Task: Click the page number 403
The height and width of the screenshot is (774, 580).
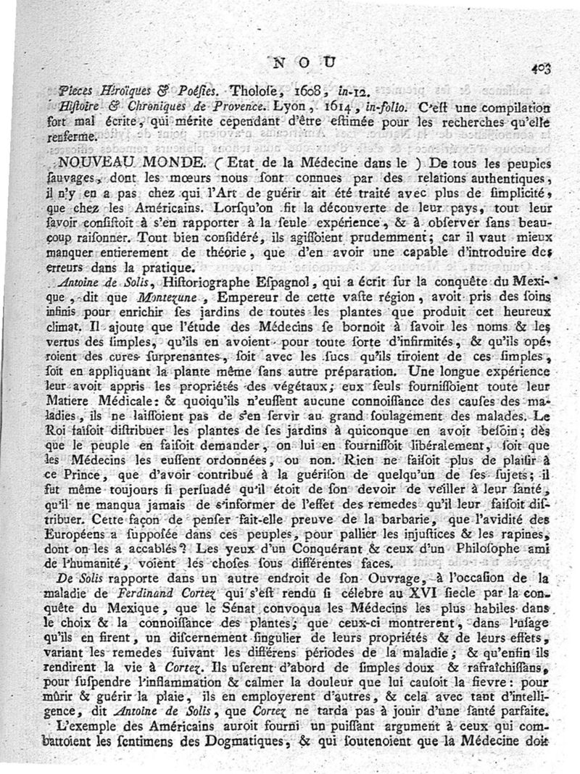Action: [541, 68]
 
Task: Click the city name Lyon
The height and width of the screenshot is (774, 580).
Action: [289, 107]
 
